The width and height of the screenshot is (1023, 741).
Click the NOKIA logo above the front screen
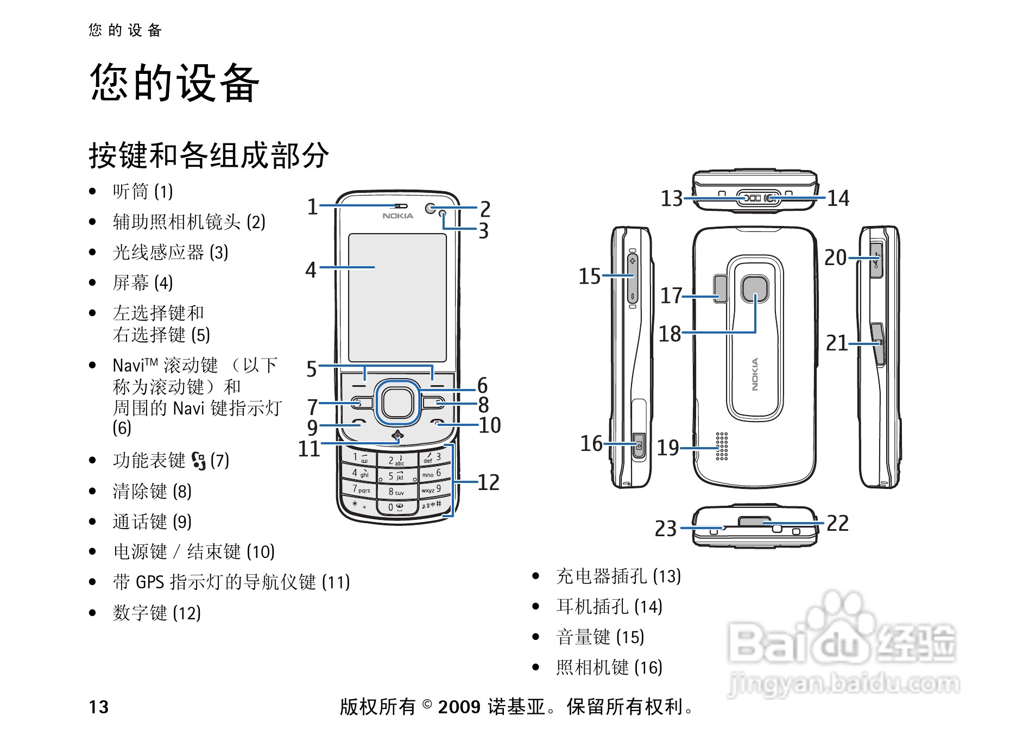coord(397,216)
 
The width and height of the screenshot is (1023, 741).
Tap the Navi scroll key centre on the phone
coord(397,403)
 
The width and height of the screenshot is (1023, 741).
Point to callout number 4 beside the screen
coord(311,269)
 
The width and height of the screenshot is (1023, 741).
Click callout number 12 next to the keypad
coord(488,482)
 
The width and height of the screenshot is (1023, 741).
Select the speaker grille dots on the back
coord(722,447)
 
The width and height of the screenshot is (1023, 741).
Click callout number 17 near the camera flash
coord(671,296)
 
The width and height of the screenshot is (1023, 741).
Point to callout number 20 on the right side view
coord(836,258)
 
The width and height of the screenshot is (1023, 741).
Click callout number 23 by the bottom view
coord(666,529)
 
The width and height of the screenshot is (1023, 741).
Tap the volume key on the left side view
coord(633,278)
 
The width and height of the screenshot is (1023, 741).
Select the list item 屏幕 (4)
coord(143,282)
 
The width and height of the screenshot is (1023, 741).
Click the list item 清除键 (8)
coord(152,491)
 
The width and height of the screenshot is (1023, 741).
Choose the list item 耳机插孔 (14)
coord(609,606)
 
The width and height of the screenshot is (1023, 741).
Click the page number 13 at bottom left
coord(99,707)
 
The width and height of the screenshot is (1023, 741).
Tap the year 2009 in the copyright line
coord(459,707)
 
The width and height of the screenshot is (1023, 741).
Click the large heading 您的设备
coord(175,83)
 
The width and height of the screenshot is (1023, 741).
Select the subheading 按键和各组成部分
coord(209,155)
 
